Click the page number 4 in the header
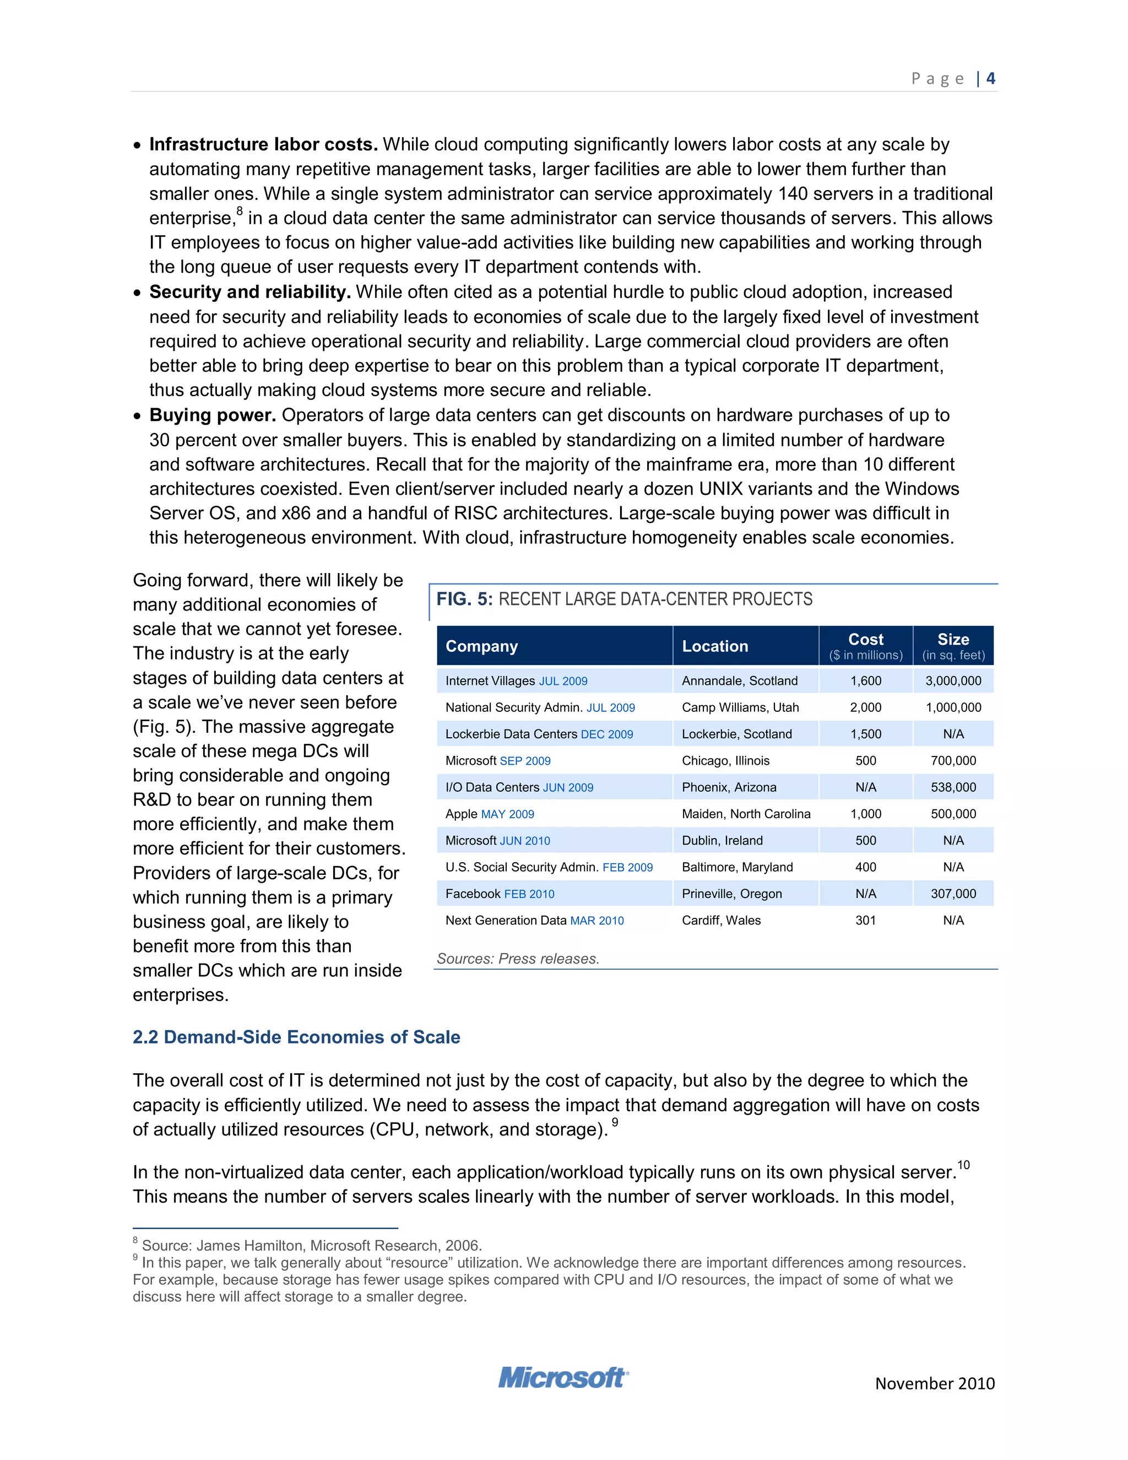(990, 78)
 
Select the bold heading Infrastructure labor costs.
(263, 144)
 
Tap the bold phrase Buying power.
(213, 415)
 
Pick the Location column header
(714, 646)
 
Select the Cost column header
(865, 640)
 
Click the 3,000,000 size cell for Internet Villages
(953, 680)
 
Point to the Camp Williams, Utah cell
(740, 707)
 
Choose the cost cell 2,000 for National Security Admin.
(865, 707)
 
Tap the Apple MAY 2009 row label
(490, 814)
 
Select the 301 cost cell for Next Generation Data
(865, 921)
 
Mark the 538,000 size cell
(953, 787)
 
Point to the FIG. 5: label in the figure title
(464, 599)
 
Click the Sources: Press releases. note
(518, 959)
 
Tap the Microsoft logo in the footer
(563, 1378)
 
